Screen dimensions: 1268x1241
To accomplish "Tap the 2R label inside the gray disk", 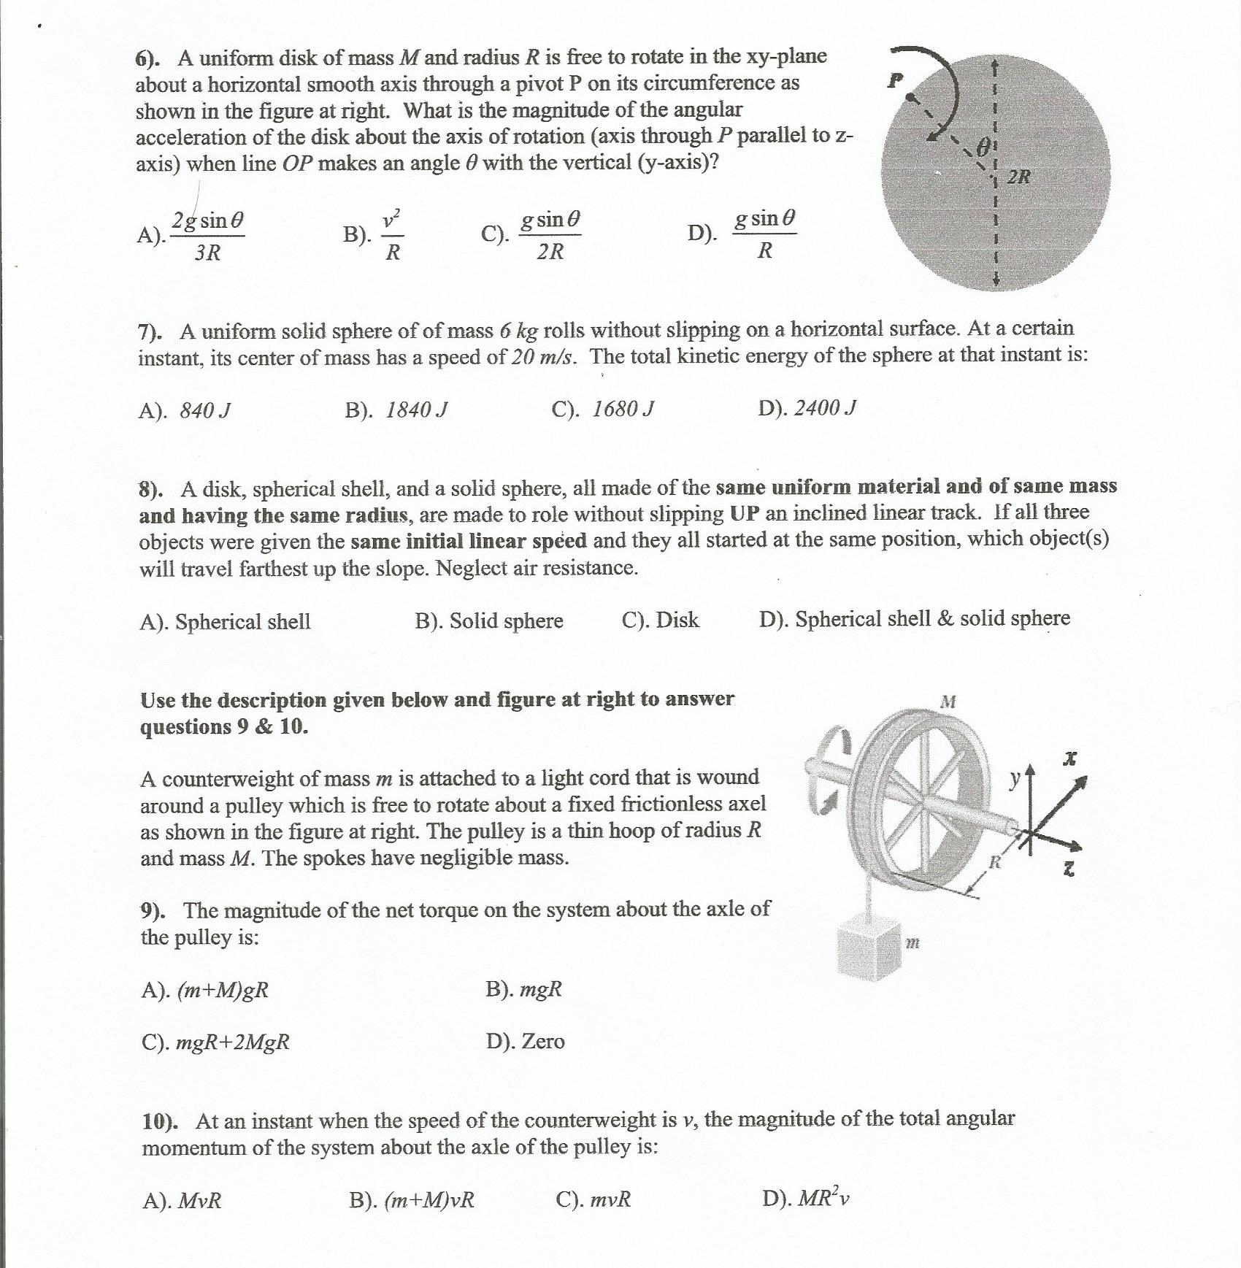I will tap(1019, 177).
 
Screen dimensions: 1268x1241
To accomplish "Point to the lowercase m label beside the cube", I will tap(912, 943).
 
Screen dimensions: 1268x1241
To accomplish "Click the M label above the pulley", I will tap(948, 702).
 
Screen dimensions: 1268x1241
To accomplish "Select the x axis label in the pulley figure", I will tap(1070, 759).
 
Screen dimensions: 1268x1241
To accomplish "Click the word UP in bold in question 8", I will tap(745, 514).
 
